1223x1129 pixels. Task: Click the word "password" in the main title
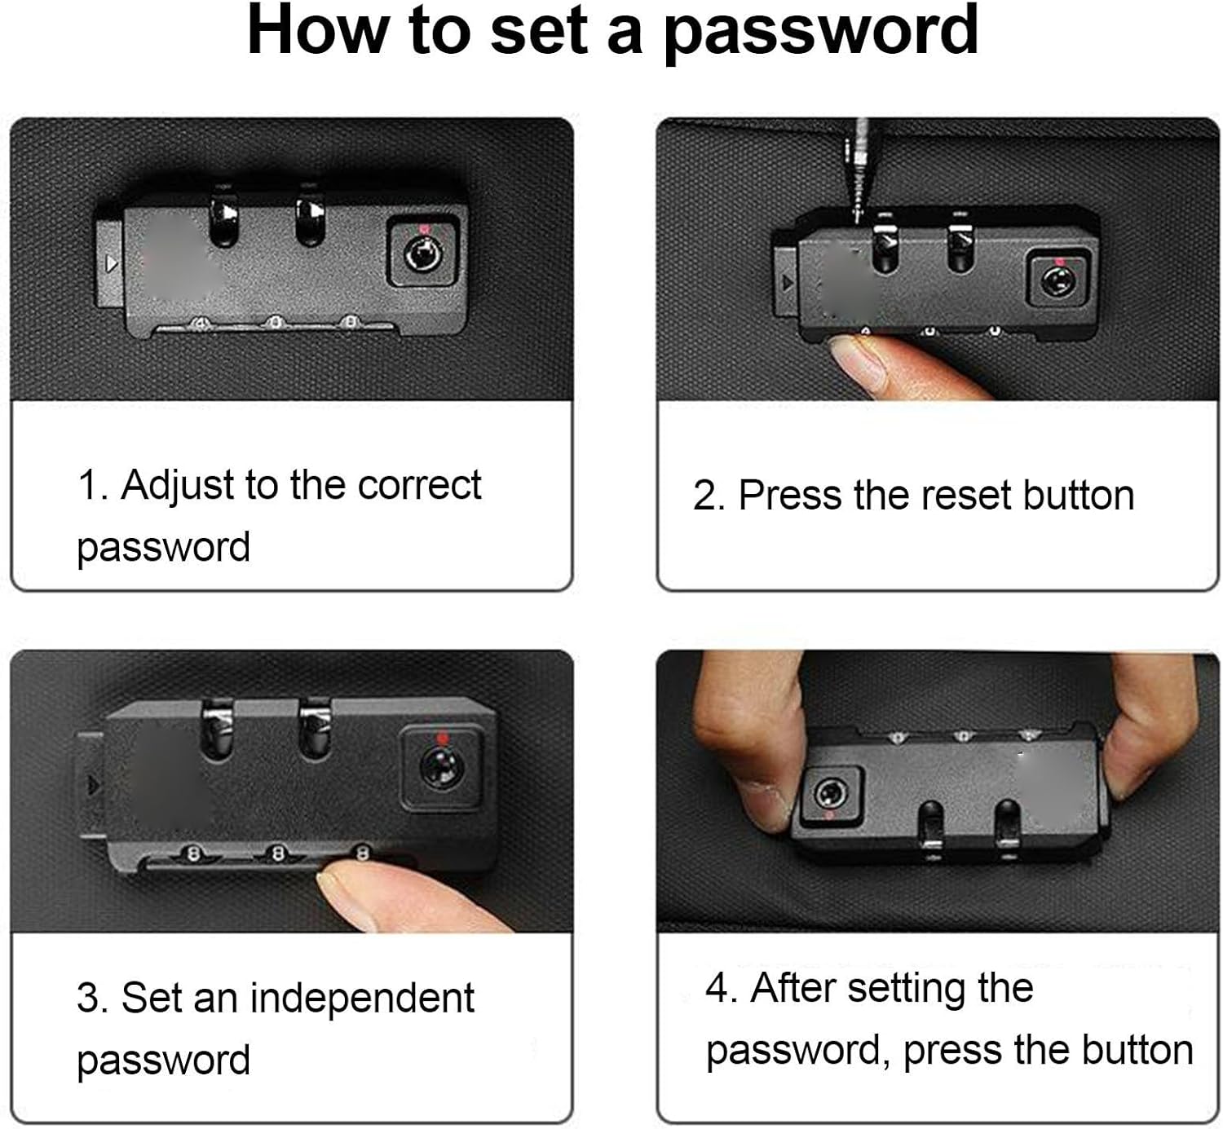coord(822,32)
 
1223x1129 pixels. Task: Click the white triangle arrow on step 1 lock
coord(112,264)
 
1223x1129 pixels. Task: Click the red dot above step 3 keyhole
coord(442,738)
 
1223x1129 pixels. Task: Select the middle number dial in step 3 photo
coord(278,853)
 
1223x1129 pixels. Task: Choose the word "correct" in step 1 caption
coord(419,485)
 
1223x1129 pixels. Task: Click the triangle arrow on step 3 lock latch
coord(94,785)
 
